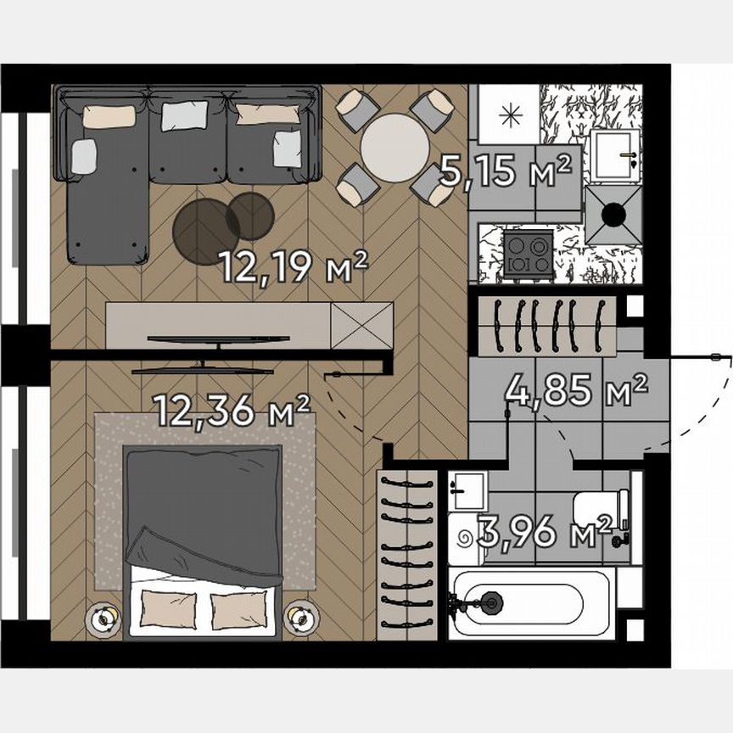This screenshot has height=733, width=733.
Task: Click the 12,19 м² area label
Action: (x=293, y=268)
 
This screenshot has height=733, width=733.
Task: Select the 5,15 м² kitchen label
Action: (x=506, y=172)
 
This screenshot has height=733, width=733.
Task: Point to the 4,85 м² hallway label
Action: (x=576, y=392)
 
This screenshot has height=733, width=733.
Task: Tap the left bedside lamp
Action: (x=103, y=618)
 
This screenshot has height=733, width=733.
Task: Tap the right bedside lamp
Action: (x=299, y=618)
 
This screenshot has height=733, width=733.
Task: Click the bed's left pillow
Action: (x=168, y=607)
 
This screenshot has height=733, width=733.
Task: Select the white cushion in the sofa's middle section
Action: (x=184, y=115)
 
